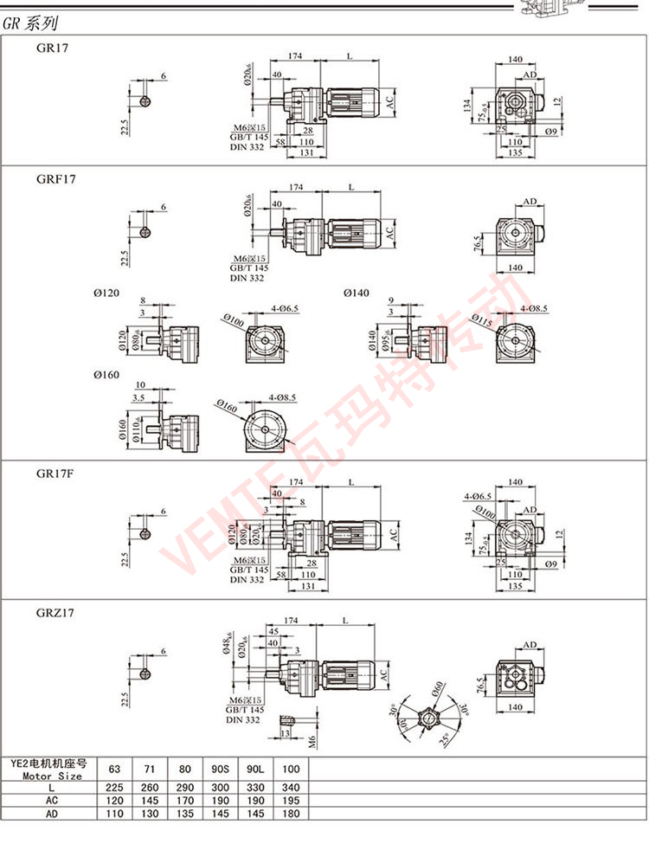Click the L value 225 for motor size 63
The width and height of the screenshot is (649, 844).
point(115,787)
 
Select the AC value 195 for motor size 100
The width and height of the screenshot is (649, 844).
point(290,801)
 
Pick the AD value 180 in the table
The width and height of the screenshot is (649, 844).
point(290,815)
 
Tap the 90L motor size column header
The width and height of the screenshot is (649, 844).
point(255,769)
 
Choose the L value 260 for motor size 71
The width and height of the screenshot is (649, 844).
point(150,787)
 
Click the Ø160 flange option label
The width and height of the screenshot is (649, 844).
point(107,375)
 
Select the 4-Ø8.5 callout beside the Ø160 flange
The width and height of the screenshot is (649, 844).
point(281,397)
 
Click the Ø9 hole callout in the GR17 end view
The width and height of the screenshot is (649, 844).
point(550,131)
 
